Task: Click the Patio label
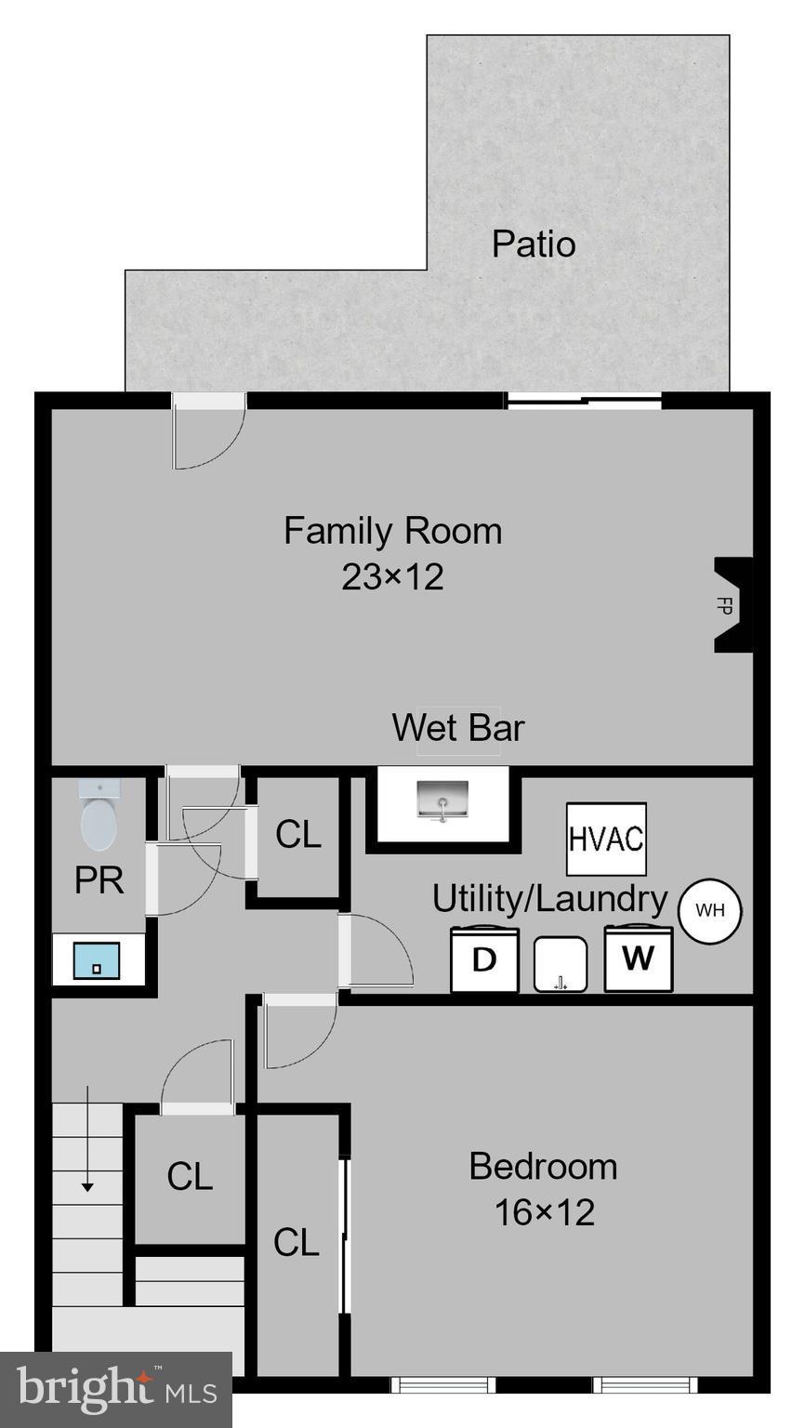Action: [x=534, y=244]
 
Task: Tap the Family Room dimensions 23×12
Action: [x=392, y=577]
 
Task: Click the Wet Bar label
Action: [x=458, y=727]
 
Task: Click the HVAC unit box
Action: [x=606, y=839]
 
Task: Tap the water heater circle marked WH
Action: [x=710, y=910]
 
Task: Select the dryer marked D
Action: [x=484, y=959]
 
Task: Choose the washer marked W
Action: [x=638, y=958]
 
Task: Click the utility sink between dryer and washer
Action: [x=561, y=964]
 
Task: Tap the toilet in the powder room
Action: [x=99, y=817]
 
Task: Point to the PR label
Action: [x=99, y=879]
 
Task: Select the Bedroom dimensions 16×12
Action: [x=544, y=1212]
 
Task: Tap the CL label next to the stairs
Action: [x=190, y=1177]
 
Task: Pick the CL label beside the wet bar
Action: [x=298, y=835]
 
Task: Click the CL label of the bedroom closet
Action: [x=297, y=1242]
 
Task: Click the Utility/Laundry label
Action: [x=549, y=899]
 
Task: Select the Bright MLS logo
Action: [x=116, y=1390]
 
